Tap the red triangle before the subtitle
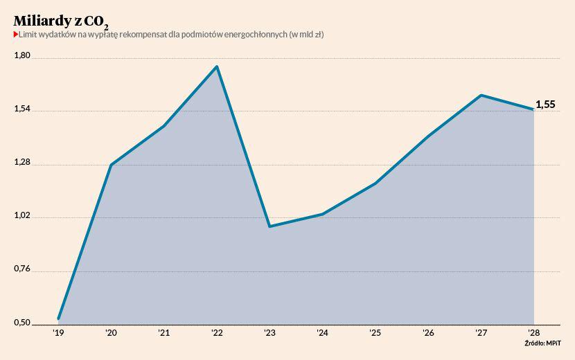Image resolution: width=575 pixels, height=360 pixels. click(16, 35)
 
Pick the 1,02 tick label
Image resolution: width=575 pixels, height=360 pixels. click(22, 215)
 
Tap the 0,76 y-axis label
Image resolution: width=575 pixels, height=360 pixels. click(22, 269)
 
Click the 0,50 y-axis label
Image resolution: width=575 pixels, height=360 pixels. click(22, 323)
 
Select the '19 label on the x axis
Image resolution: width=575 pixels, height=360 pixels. click(59, 333)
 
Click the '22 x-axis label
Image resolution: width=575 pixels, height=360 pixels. click(217, 333)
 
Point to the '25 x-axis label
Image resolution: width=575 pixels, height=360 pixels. click(375, 333)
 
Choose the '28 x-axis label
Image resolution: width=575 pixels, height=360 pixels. click(533, 333)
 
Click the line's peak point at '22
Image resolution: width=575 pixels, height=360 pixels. click(217, 66)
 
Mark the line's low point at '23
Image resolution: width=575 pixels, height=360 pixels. click(269, 226)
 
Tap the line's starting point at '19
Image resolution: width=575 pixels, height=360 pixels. click(59, 318)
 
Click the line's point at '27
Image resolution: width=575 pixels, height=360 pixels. click(481, 95)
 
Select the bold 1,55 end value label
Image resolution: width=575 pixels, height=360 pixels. click(545, 105)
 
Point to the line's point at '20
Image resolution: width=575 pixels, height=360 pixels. click(112, 165)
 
